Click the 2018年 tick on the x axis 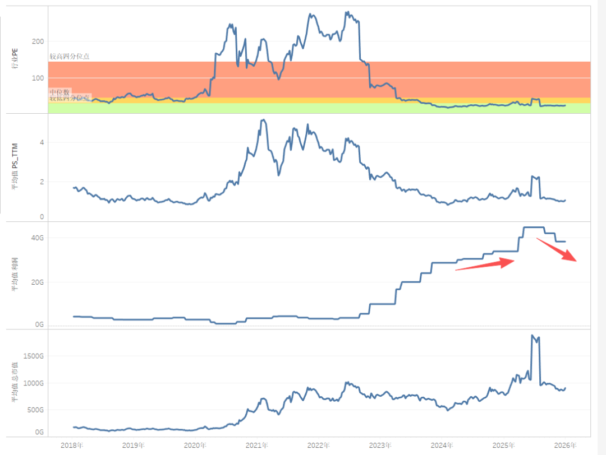72,445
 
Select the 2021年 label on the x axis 256,445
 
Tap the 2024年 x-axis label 442,445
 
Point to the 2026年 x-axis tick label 564,445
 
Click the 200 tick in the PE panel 38,41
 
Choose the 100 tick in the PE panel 38,78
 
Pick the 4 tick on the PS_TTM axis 41,142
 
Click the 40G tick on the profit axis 37,238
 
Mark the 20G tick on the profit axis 37,282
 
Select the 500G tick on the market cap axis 35,410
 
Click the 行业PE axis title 15,59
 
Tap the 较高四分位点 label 69,57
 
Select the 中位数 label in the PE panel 59,91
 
